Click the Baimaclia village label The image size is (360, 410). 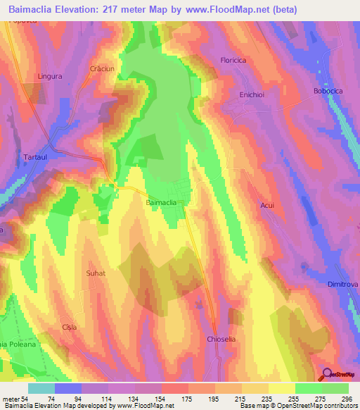pos(160,203)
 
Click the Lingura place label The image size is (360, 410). pos(50,75)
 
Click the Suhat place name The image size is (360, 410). pos(95,273)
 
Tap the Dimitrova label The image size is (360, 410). pos(344,285)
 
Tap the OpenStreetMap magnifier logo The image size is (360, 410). pos(326,375)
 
